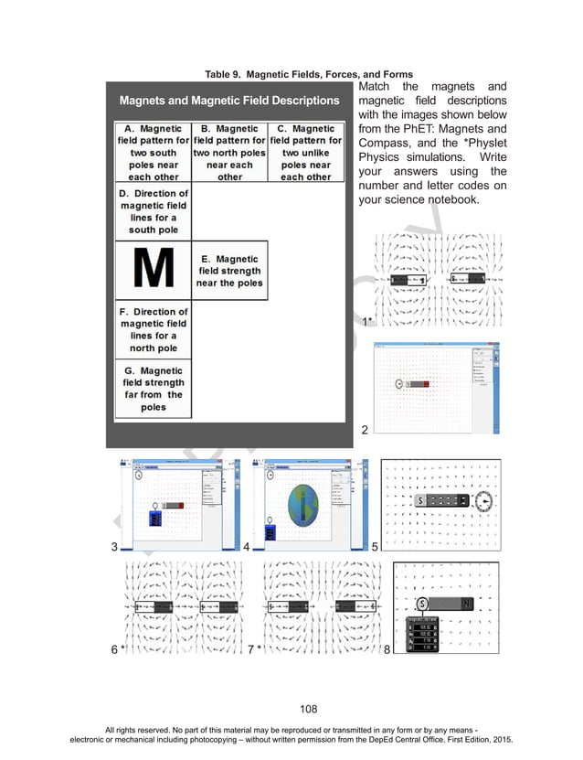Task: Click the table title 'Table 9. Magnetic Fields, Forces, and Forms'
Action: pyautogui.click(x=309, y=74)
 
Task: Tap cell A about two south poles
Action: pyautogui.click(x=153, y=153)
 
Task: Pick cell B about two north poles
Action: pyautogui.click(x=229, y=153)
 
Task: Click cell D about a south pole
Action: pyautogui.click(x=153, y=212)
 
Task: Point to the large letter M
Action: pyautogui.click(x=153, y=270)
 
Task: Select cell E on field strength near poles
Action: pyautogui.click(x=229, y=271)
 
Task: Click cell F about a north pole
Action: pyautogui.click(x=153, y=329)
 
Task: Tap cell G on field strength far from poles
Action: pyautogui.click(x=153, y=389)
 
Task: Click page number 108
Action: pyautogui.click(x=291, y=706)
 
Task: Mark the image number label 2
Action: pyautogui.click(x=365, y=429)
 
